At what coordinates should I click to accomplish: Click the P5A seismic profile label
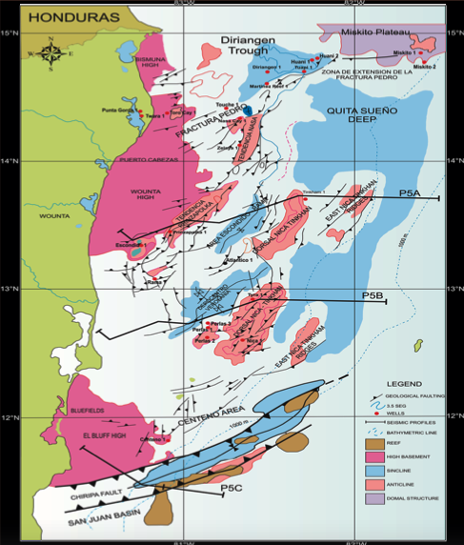point(411,193)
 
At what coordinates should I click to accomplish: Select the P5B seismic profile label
point(373,297)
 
